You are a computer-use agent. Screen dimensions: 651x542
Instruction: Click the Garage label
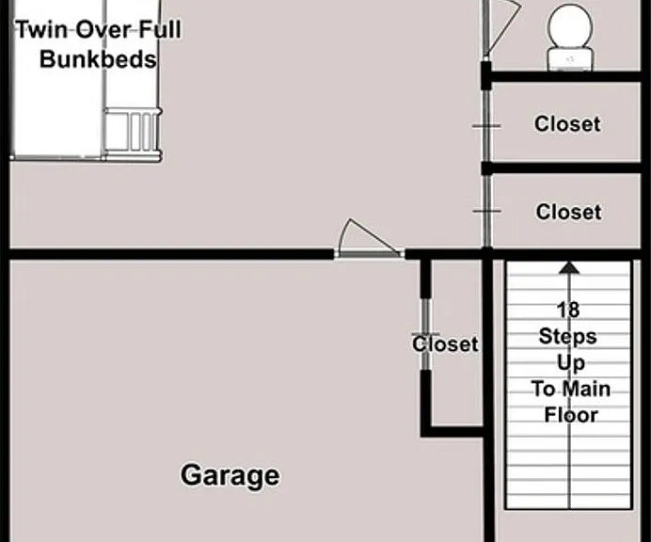coord(230,476)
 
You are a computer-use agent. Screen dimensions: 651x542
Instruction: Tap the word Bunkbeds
coord(99,59)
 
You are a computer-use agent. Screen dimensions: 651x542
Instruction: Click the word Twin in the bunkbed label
coord(41,29)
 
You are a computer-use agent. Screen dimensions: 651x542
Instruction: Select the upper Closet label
coord(567,124)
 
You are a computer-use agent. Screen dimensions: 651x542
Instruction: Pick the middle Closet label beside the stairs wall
coord(569,212)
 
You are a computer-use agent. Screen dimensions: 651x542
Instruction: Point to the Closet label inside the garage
coord(445,343)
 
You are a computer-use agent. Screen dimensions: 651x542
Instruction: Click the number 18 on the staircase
coord(568,310)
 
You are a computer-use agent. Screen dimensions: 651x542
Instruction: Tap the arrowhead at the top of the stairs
coord(569,267)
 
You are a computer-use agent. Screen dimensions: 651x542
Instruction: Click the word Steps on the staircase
coord(568,337)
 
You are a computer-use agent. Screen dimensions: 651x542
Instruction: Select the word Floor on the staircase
coord(571,415)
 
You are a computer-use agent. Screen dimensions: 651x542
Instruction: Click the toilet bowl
coord(570,25)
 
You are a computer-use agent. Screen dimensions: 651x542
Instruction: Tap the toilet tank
coord(570,59)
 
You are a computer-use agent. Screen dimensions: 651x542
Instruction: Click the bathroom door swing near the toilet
coord(502,27)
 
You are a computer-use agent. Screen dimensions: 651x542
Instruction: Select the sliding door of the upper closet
coord(486,125)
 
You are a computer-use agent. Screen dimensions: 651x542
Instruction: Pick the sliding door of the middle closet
coord(486,211)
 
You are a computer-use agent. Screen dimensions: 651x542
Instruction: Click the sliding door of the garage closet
coord(426,334)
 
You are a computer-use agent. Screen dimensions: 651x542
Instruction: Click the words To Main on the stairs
coord(571,390)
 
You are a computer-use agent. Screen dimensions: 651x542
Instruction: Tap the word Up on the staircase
coord(571,363)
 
